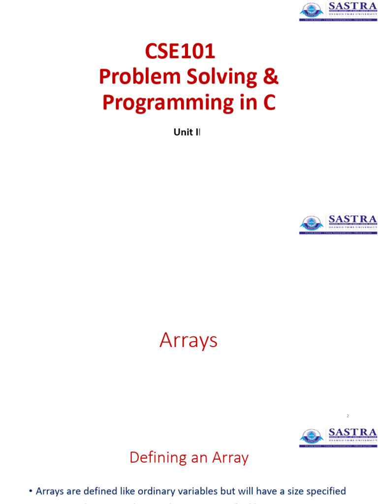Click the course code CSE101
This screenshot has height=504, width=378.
pos(180,51)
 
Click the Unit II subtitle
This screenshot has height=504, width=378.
pos(188,132)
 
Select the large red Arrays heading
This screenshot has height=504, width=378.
pos(189,341)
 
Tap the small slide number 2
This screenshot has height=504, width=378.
pos(347,416)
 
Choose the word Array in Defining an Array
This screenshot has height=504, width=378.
pos(230,458)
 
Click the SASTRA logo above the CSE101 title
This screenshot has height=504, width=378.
pos(338,11)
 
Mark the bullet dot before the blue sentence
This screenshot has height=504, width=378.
pos(31,491)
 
